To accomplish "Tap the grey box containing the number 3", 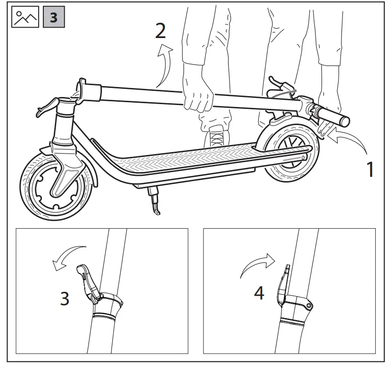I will coord(53,18).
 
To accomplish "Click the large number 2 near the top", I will coord(160,31).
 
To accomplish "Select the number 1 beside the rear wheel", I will coord(369,169).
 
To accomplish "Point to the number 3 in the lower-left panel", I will coord(65,299).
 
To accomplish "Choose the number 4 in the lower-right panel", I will coord(259,293).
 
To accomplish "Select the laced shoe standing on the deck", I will coord(216,138).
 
